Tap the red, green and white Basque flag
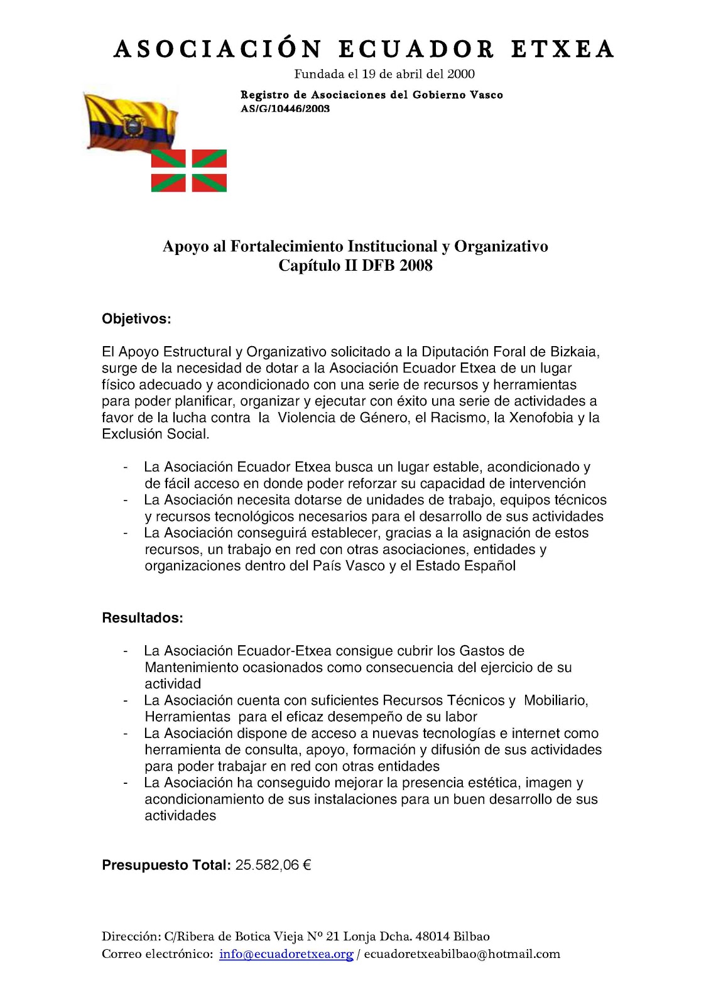[x=189, y=171]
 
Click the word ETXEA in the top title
[x=562, y=50]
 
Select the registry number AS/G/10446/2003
[x=285, y=109]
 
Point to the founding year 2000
[x=461, y=74]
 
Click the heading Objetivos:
[x=136, y=319]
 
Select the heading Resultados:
[x=143, y=618]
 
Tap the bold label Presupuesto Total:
[x=166, y=866]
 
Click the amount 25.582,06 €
[x=273, y=866]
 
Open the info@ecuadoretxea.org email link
[x=286, y=954]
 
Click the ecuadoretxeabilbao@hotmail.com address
[x=462, y=954]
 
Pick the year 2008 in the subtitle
[x=416, y=266]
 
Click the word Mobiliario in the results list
[x=555, y=700]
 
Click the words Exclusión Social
[x=155, y=434]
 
